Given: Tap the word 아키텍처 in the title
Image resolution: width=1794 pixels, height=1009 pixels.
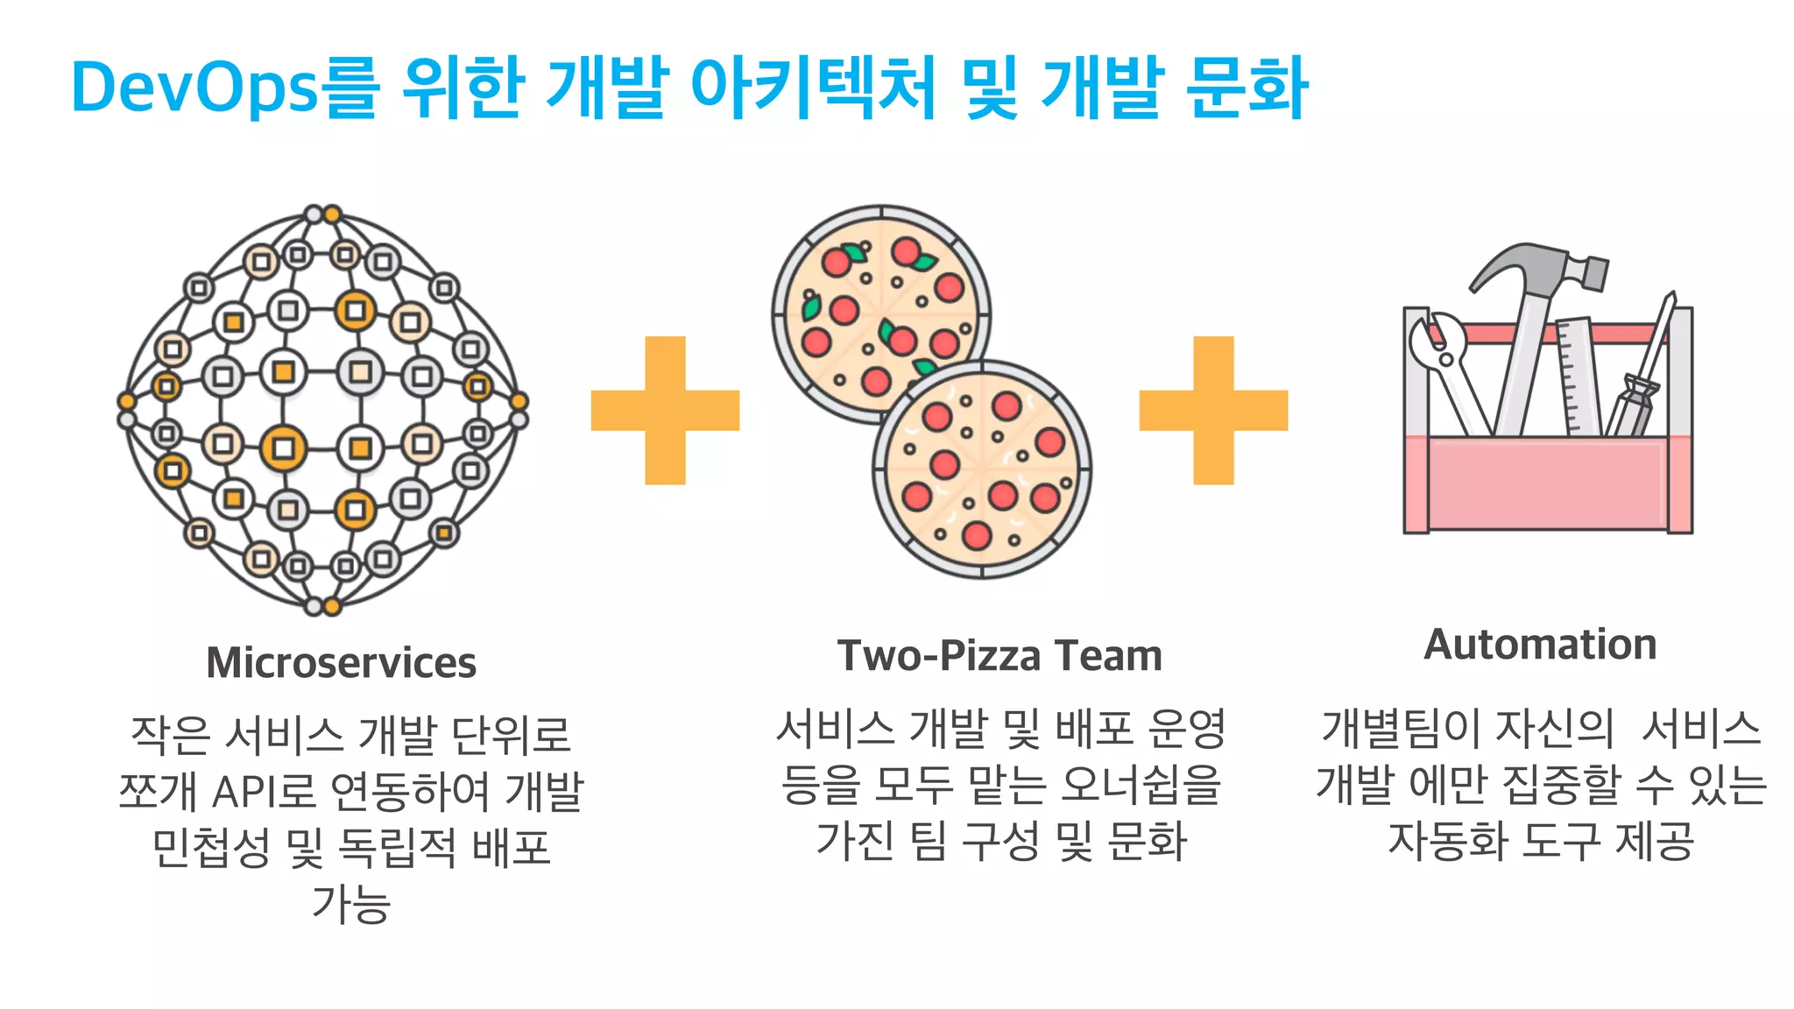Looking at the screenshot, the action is coord(814,88).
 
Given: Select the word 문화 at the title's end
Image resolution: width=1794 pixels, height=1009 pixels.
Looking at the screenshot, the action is coord(1247,88).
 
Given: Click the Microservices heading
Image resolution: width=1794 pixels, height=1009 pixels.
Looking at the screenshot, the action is coord(342,663).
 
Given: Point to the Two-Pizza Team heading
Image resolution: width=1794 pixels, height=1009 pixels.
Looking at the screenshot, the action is coord(999,656).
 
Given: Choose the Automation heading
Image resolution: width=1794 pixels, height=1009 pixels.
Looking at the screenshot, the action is coord(1540,645).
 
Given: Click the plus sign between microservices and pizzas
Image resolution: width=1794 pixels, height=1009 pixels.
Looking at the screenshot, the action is coord(666,410).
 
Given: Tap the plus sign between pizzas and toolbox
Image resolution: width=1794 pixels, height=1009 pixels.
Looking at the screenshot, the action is coord(1213,410).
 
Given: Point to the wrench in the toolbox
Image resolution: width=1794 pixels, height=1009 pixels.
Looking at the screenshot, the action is coord(1445,368).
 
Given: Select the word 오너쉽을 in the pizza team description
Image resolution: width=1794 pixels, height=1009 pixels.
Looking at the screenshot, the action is coord(1139,784).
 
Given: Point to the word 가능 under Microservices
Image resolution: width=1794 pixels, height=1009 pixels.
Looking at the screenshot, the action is coord(350,904).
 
